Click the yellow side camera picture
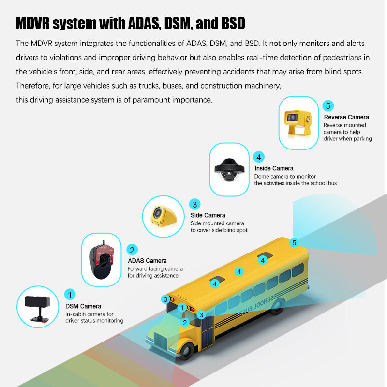[x=162, y=215]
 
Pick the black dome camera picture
[x=228, y=169]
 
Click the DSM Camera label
[x=83, y=306]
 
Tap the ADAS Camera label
[x=147, y=261]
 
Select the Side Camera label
[x=208, y=215]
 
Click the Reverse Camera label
[x=346, y=117]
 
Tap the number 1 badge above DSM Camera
[x=71, y=294]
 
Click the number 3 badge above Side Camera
[x=195, y=204]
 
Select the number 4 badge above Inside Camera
[x=259, y=157]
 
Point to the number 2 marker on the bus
[x=184, y=322]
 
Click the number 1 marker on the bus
[x=182, y=308]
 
